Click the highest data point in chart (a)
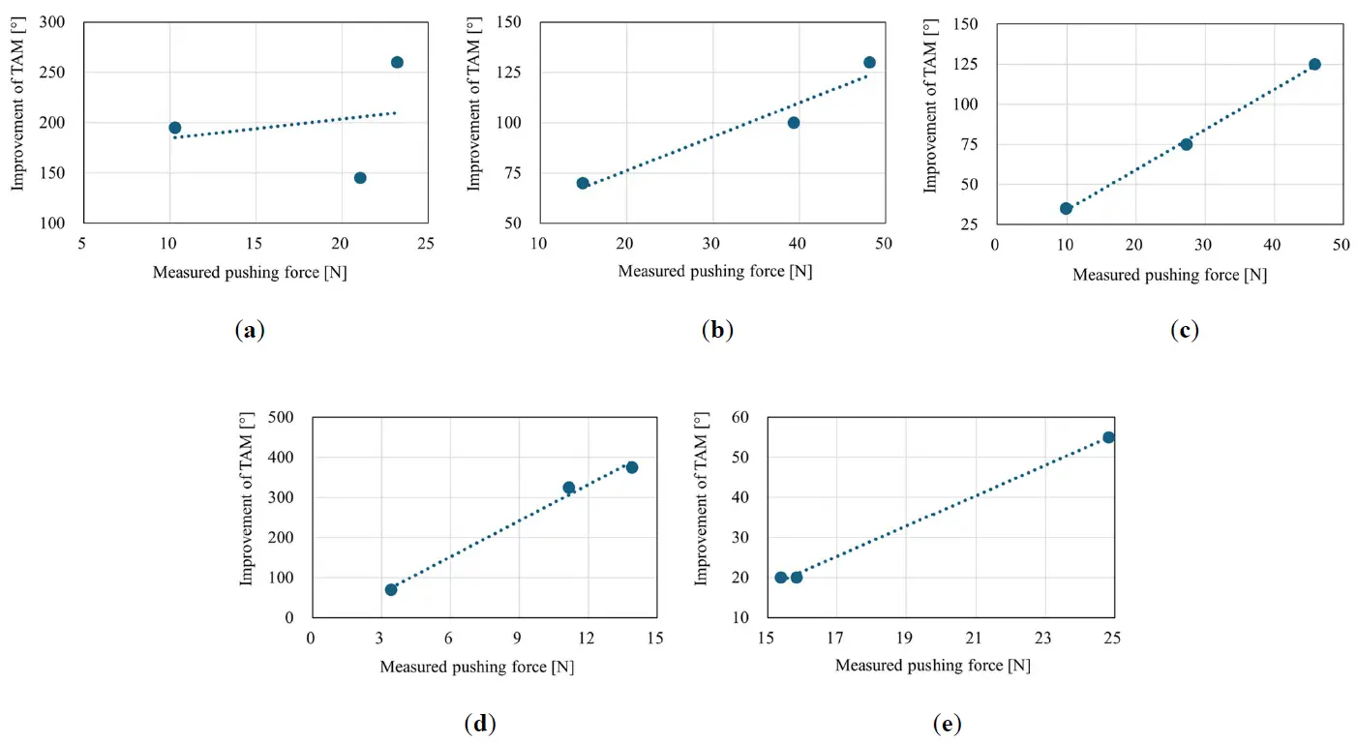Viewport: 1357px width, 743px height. (397, 62)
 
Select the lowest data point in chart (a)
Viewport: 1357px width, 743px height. (360, 178)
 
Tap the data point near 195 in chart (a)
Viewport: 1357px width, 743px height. (175, 128)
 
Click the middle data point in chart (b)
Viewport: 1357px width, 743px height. (794, 123)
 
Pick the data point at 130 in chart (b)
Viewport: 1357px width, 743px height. (869, 63)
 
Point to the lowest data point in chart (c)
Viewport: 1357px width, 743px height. (1066, 208)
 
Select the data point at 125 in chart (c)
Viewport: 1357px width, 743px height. (1314, 64)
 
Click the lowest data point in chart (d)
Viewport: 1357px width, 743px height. (391, 589)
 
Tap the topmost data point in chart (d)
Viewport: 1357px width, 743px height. (632, 467)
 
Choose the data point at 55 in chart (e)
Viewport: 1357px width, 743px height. (1108, 437)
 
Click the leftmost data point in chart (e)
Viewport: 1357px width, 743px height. (781, 578)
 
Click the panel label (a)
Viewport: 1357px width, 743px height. (250, 330)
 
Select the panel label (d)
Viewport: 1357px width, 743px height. (480, 723)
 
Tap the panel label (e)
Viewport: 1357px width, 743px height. (947, 723)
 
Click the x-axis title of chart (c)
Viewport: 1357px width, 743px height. (1169, 275)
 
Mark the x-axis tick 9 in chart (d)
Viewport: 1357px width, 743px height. (519, 639)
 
